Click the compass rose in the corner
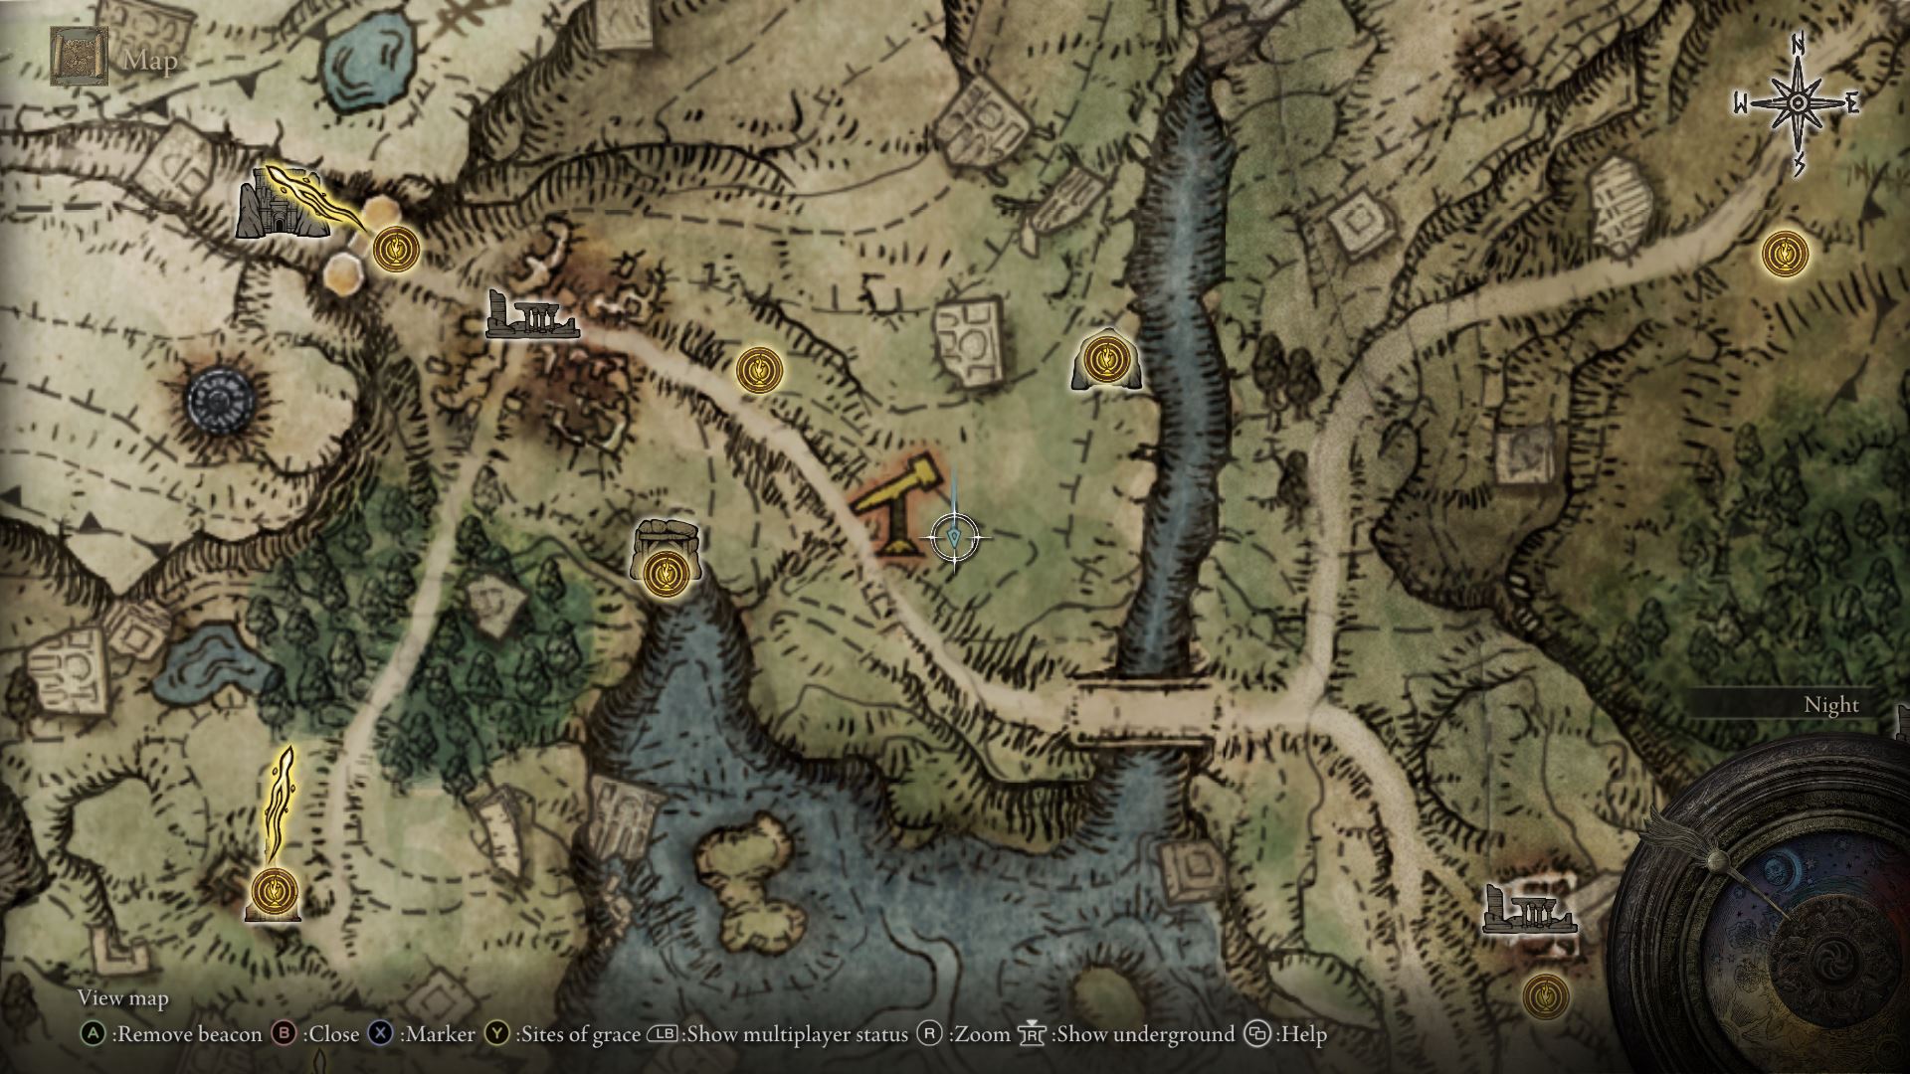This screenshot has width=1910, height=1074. [x=1798, y=103]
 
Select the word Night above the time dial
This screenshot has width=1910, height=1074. [x=1830, y=705]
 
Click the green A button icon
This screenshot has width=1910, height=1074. [x=93, y=1034]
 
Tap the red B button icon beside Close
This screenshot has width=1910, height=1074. [x=285, y=1034]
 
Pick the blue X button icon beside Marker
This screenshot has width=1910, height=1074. [x=381, y=1034]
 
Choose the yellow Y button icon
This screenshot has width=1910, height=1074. [x=497, y=1034]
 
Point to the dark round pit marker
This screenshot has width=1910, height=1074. [x=221, y=402]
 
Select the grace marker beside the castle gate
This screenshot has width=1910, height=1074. [x=396, y=248]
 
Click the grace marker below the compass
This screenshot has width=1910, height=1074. [x=1785, y=254]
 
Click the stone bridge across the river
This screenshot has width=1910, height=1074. [x=1144, y=710]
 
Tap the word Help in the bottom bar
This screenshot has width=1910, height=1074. [x=1304, y=1034]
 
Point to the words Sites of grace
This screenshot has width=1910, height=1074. [x=578, y=1034]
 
